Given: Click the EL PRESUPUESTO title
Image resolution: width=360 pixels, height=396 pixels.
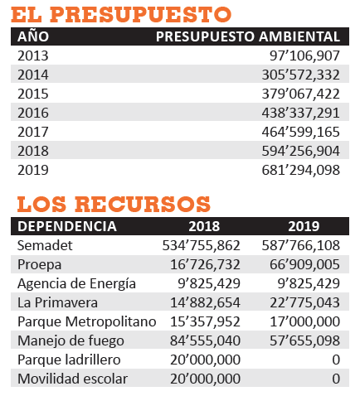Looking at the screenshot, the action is pos(121,14).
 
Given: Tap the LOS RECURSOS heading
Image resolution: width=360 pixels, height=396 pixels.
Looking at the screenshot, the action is pos(114,204).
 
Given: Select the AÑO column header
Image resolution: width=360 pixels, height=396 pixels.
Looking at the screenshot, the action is pos(33,36).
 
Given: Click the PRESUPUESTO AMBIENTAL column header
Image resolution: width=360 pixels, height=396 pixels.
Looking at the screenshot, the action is pos(248,36).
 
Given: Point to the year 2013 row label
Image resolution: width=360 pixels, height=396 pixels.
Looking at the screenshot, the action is pos(33,56).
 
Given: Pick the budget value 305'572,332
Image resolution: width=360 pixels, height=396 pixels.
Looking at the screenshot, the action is pos(300,75).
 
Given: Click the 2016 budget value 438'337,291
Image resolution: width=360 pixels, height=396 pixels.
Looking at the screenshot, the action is pos(300,113).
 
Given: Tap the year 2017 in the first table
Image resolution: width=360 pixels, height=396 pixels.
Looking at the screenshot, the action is pos(33,132).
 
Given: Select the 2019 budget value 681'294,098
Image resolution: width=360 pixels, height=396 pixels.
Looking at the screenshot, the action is pos(300,170).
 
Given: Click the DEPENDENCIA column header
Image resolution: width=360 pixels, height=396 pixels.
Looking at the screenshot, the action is pos(67,226).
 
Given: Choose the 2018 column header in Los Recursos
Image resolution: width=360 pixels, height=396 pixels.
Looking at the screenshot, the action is pos(204,226).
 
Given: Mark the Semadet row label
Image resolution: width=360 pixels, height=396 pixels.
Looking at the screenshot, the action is pos(45,245).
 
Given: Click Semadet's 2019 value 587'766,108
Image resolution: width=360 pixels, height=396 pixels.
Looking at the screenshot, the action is pos(300,245).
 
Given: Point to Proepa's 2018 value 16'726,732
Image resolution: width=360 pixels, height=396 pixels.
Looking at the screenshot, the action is pos(205,264).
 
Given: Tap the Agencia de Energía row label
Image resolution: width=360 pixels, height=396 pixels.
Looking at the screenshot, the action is pos(76,284).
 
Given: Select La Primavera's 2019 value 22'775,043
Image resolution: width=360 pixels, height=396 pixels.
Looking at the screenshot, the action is pos(304,302).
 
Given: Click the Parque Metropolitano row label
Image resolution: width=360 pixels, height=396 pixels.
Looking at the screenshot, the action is pos(87,321).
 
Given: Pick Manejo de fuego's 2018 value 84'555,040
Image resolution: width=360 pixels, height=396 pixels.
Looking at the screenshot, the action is pos(205,340).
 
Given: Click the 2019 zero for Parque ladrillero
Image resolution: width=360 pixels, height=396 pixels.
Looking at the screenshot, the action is pos(336,360).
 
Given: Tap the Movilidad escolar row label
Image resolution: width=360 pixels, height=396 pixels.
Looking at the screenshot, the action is pos(72,379).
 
